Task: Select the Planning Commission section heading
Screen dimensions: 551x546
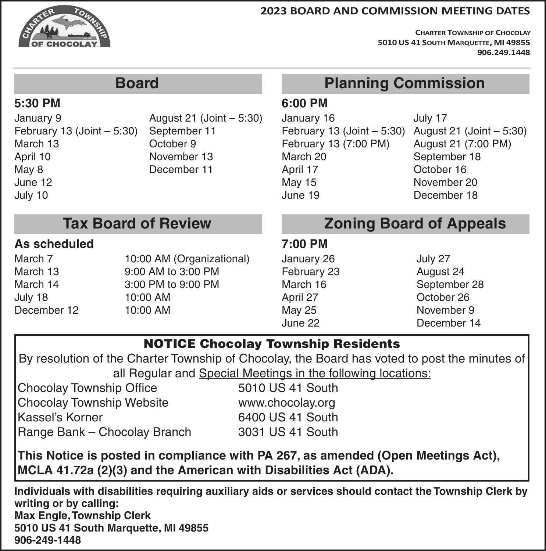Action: [x=404, y=83]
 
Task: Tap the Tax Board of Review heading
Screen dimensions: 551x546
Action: [x=137, y=224]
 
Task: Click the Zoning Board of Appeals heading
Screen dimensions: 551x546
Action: [x=415, y=224]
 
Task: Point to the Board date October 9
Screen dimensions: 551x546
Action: [x=172, y=144]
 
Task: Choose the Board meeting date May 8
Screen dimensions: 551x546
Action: [x=29, y=170]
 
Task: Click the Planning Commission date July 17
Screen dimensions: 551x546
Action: [x=430, y=118]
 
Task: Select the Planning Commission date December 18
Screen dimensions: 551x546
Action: [x=445, y=195]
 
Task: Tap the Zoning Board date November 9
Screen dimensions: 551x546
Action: [x=445, y=310]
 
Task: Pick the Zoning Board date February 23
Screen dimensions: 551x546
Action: [x=310, y=272]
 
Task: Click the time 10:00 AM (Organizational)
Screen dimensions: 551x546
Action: [x=187, y=259]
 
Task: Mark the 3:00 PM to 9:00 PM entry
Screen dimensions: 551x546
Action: [x=172, y=285]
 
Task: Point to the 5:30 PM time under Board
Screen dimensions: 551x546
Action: [x=37, y=103]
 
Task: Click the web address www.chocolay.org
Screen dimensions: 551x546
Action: [x=286, y=403]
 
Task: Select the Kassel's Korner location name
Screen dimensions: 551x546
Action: [x=60, y=418]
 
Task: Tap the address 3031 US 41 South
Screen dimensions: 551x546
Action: [x=288, y=432]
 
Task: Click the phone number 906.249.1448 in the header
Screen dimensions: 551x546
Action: [x=503, y=53]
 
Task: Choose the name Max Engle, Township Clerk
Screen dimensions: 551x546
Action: [x=82, y=516]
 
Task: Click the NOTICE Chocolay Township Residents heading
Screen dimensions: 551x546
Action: [x=272, y=344]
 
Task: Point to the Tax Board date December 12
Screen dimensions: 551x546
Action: [x=46, y=310]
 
